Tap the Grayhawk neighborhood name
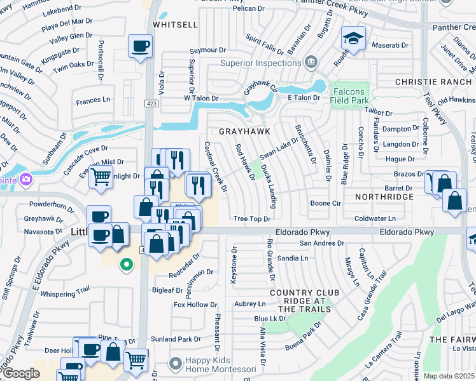click(245, 131)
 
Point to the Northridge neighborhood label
click(384, 197)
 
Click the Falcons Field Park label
click(349, 96)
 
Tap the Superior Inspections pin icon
click(311, 62)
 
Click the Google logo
click(20, 373)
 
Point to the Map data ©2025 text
click(449, 376)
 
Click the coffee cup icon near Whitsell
click(140, 46)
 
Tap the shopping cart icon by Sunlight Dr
click(99, 177)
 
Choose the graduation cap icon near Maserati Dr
click(352, 38)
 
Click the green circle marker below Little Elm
click(127, 265)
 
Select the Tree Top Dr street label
click(252, 219)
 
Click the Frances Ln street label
click(92, 100)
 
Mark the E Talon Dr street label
click(304, 98)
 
